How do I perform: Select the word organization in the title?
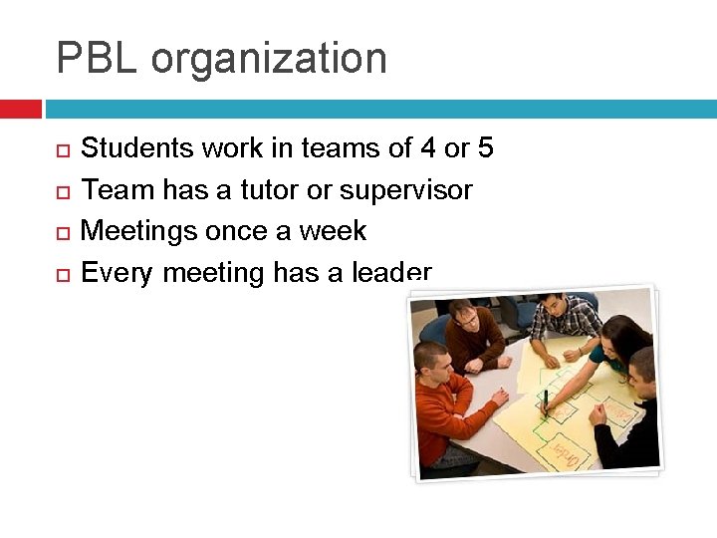(x=269, y=60)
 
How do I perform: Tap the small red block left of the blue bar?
(x=20, y=109)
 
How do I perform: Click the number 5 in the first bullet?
(x=485, y=148)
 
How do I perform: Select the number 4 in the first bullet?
(x=427, y=148)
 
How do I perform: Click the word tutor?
(x=269, y=189)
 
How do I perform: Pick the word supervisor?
(x=406, y=190)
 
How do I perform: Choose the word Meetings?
(x=138, y=231)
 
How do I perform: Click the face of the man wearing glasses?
(x=464, y=318)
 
